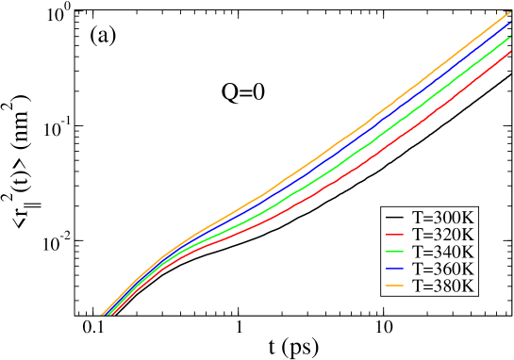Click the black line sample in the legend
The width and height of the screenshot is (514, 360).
point(395,217)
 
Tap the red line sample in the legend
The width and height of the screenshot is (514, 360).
point(395,234)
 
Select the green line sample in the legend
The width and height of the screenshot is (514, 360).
point(395,252)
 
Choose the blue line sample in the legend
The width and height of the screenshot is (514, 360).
point(395,269)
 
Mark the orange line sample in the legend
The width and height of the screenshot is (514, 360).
point(395,286)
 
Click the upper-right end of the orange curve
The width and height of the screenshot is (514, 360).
point(510,12)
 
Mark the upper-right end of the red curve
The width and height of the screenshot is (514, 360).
point(510,52)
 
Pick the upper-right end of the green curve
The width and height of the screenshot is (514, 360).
point(510,38)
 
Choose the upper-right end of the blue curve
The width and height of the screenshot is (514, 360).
point(510,24)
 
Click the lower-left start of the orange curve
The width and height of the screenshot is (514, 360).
point(102,314)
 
